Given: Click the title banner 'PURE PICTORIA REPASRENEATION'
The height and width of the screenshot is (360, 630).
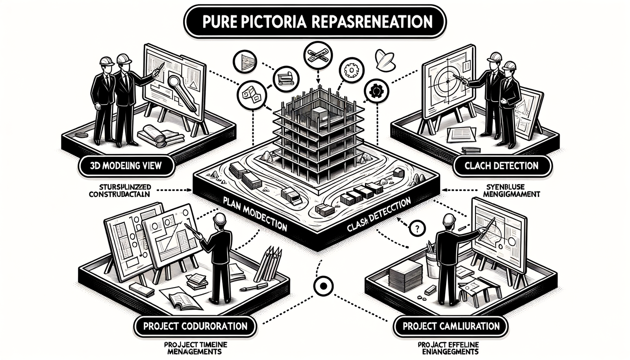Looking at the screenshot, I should (x=315, y=22).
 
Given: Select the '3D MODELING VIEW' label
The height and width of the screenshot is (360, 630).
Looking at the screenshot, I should (x=126, y=165).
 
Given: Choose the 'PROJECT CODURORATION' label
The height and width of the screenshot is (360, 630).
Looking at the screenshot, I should (x=195, y=326).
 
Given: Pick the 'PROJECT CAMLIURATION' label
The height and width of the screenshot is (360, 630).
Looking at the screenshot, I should (x=450, y=326).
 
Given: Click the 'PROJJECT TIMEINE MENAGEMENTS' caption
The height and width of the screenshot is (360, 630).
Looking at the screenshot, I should (x=195, y=348).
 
